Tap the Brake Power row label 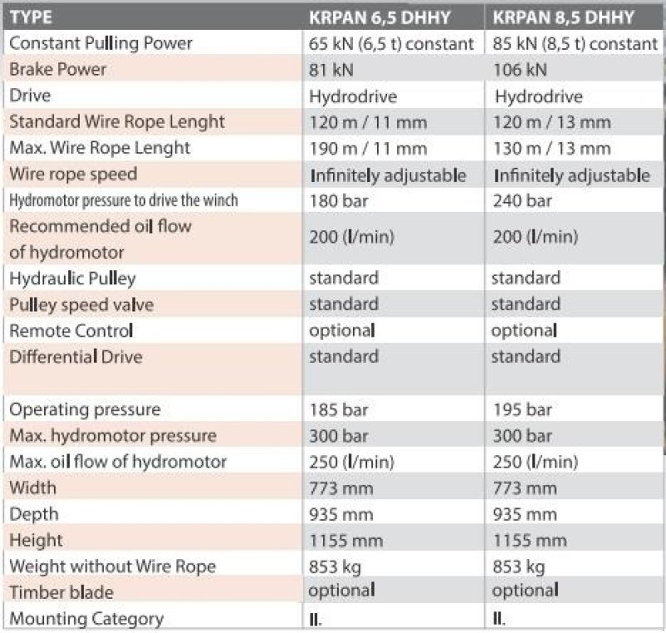click(x=57, y=69)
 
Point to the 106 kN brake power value click(x=519, y=69)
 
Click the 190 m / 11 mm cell click(x=367, y=148)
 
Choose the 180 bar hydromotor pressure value click(x=338, y=200)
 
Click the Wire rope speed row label click(x=72, y=175)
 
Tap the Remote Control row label click(x=71, y=330)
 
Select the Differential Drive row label click(x=76, y=357)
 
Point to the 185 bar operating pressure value click(x=338, y=409)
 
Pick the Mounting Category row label click(x=86, y=618)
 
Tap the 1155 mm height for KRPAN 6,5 click(x=345, y=540)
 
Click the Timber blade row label click(x=61, y=592)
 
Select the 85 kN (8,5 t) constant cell click(x=575, y=43)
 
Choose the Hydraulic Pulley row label click(x=72, y=278)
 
